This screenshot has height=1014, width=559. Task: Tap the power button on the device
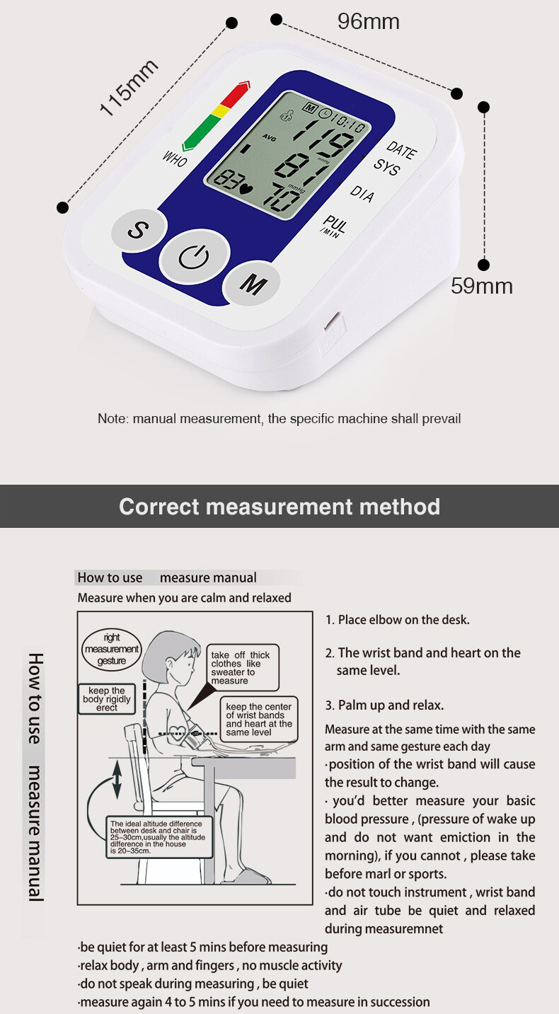pos(193,257)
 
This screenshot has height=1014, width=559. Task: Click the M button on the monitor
pos(253,284)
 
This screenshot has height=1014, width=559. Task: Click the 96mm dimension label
pos(368,22)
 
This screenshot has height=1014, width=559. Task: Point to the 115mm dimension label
pos(128,88)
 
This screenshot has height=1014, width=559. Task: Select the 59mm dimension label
pos(482,286)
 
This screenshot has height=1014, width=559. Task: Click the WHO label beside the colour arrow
pos(175,159)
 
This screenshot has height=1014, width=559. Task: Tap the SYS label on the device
pos(386,168)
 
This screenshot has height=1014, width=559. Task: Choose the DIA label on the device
pos(362,194)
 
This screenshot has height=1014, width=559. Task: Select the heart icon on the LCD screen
pos(246,188)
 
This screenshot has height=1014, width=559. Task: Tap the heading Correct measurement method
pos(279,507)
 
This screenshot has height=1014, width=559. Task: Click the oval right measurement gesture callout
pos(112,649)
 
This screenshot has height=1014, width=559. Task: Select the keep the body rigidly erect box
pos(107,699)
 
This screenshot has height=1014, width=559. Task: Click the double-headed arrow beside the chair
pos(117,785)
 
